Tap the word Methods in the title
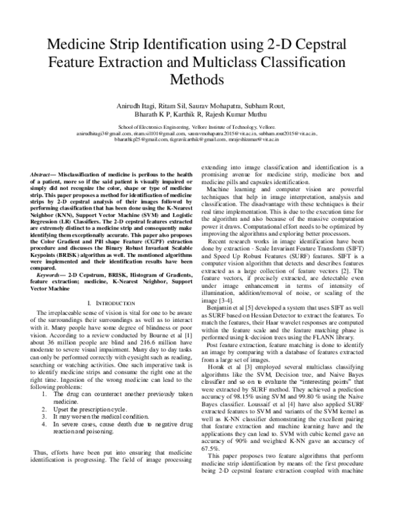197,80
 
